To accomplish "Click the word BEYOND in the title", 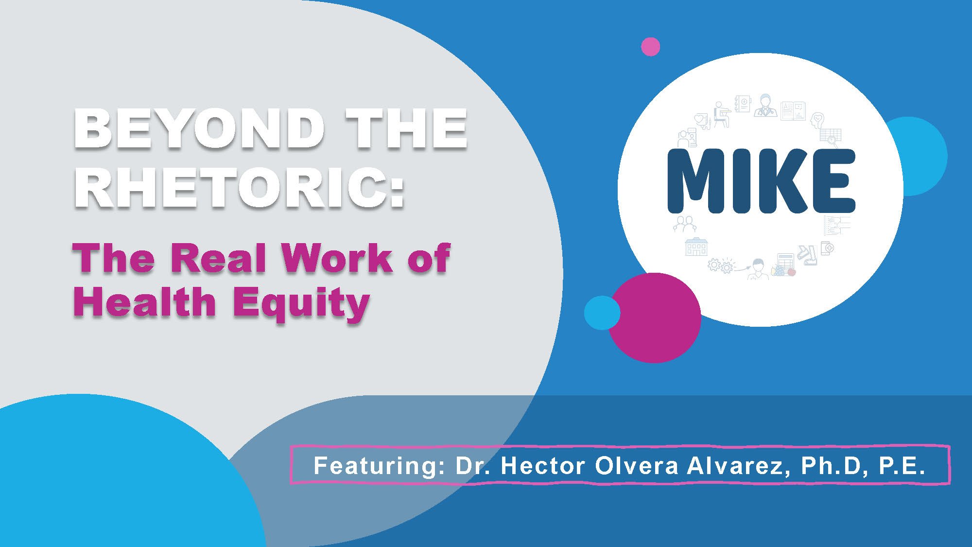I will click(199, 129).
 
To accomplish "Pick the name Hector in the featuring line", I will click(542, 465).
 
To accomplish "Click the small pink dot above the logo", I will click(650, 47).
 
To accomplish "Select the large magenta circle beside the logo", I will click(655, 318).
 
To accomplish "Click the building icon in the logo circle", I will click(696, 247).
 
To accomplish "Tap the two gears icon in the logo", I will click(720, 265).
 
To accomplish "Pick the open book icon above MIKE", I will click(793, 111).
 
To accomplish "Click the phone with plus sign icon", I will click(827, 248).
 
